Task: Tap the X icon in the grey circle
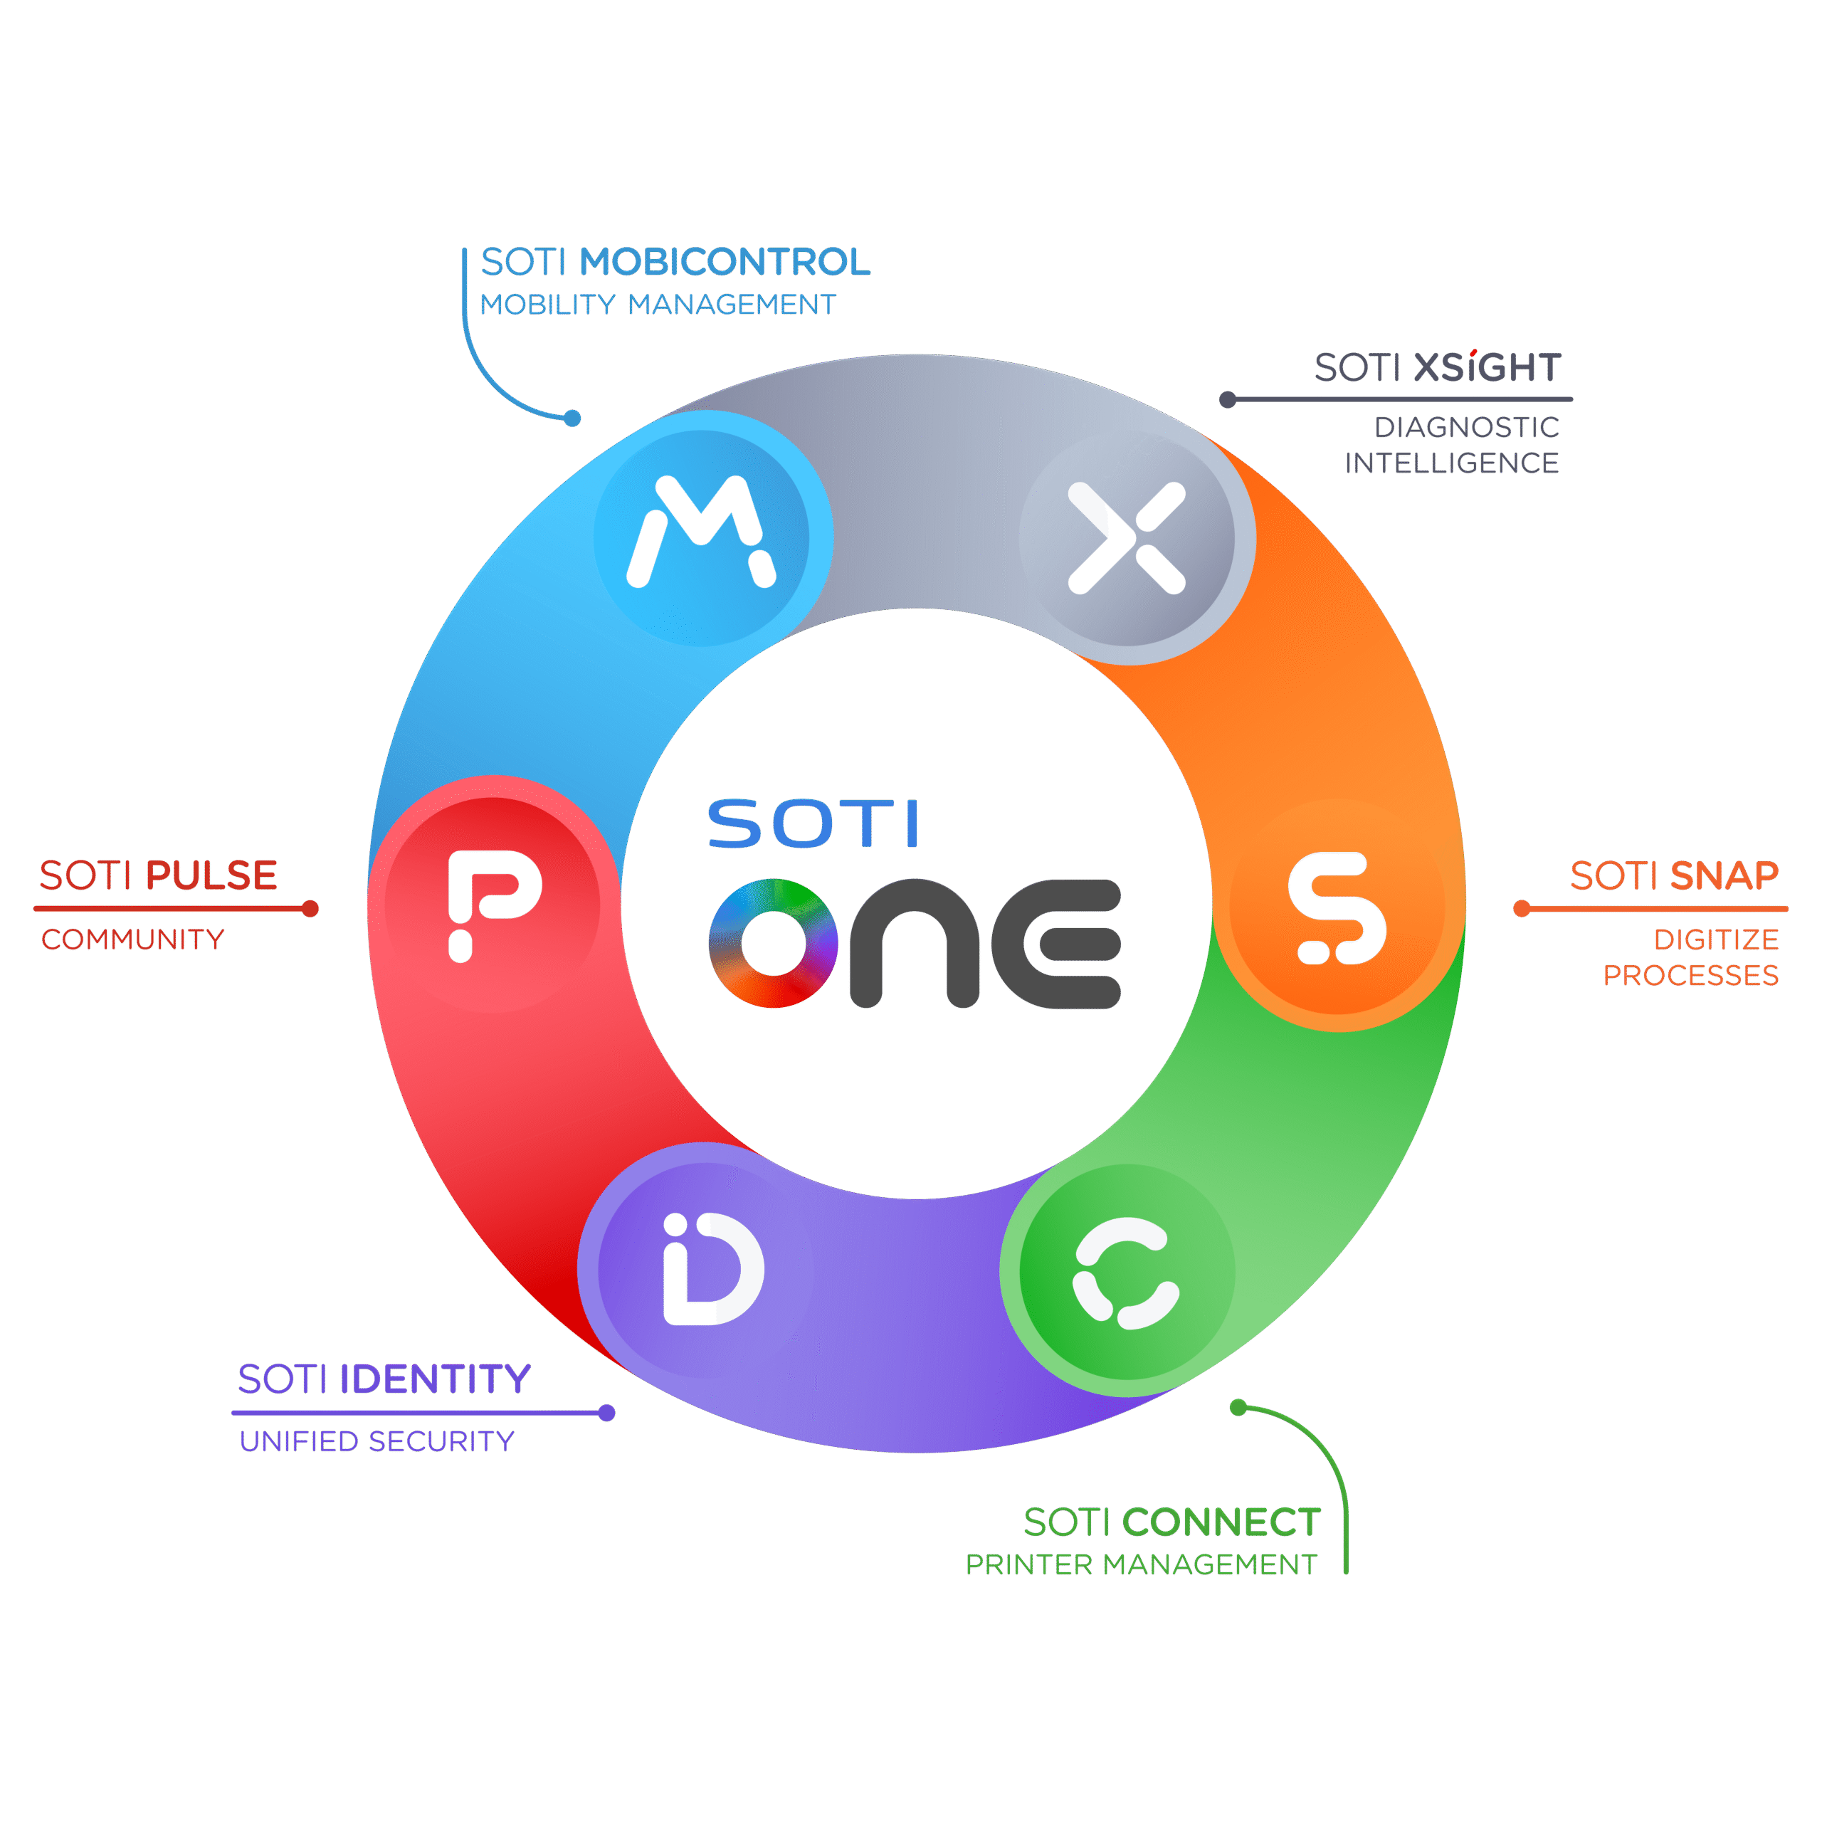coord(1126,539)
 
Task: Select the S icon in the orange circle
coord(1337,908)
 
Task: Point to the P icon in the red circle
coord(493,903)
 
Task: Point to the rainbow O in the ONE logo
coord(774,943)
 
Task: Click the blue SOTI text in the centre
coord(813,824)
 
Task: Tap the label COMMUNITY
coord(133,939)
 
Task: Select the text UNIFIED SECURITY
coord(376,1441)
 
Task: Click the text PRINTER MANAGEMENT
coord(1141,1564)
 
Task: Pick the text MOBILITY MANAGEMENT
coord(658,305)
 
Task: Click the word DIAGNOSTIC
coord(1466,427)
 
